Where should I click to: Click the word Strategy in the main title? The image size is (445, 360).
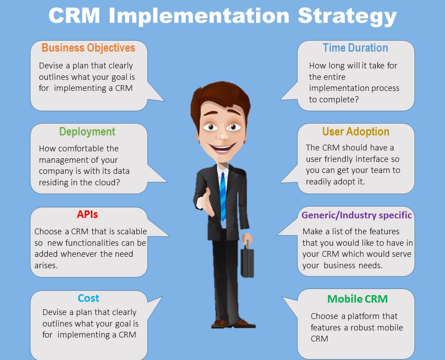pos(347,16)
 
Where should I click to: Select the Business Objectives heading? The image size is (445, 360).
pos(88,48)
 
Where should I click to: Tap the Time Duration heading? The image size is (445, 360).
pos(355,48)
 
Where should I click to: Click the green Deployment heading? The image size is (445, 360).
pos(87,131)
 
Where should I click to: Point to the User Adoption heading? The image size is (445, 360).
pos(356,131)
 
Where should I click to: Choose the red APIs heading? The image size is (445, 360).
pos(87,214)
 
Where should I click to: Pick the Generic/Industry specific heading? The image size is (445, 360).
pos(356,215)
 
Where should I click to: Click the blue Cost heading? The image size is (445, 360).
pos(88,298)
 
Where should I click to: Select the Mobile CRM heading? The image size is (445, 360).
pos(357,299)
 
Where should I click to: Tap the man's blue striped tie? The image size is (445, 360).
pos(223,196)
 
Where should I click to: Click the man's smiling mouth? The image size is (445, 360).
pos(222,147)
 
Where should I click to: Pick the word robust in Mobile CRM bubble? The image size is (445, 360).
pos(362,328)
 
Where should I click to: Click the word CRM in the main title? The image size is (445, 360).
pos(74,16)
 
